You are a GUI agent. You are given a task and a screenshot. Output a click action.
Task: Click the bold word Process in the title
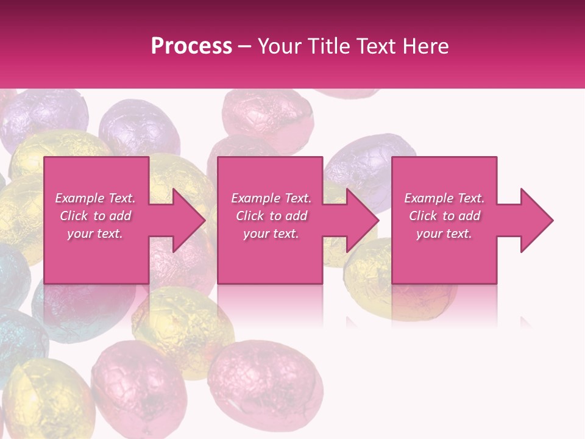(191, 46)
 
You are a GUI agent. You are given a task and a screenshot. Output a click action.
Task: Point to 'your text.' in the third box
(444, 234)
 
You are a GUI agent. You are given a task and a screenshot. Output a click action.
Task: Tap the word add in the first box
(120, 216)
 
